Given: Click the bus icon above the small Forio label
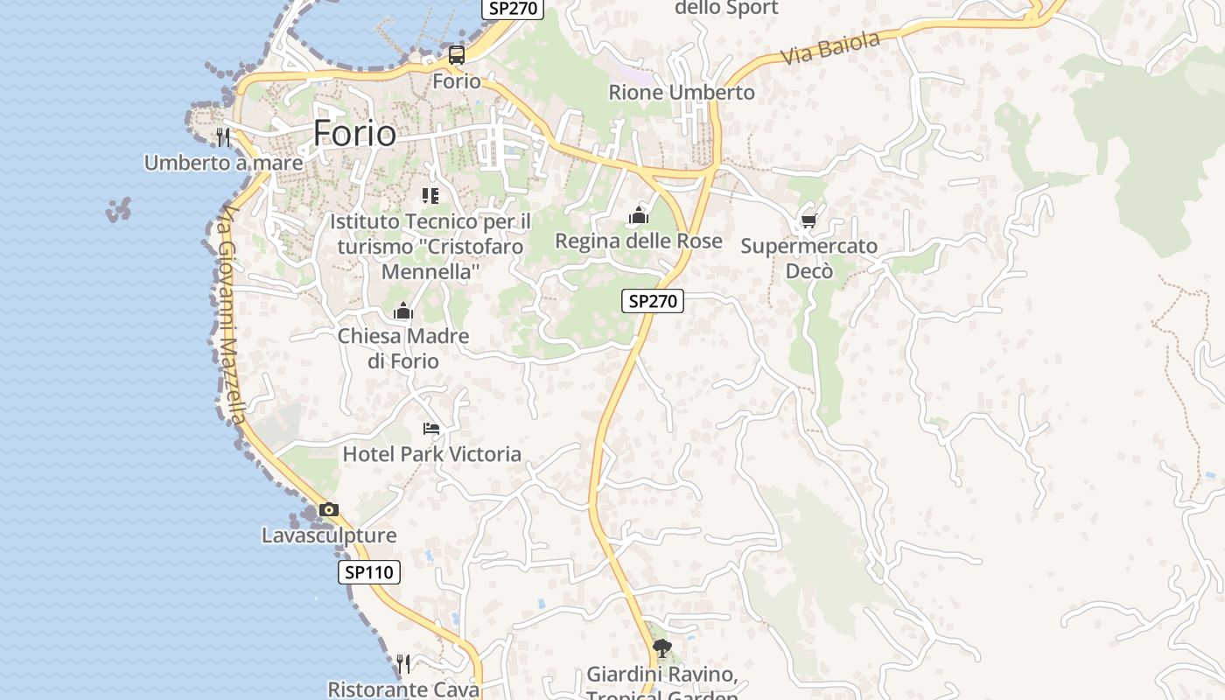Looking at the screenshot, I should tap(457, 55).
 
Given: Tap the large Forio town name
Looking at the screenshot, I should tap(354, 133).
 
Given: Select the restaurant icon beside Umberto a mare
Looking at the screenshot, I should tap(223, 136).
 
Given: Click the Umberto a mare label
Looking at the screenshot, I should tap(223, 163).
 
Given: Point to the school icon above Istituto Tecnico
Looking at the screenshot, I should tap(430, 195).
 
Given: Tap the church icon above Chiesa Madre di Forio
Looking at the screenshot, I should tap(402, 311).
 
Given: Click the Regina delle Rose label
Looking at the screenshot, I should tap(639, 241).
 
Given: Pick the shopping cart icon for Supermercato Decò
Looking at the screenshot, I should tap(808, 220).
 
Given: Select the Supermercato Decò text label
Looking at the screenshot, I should tap(808, 258).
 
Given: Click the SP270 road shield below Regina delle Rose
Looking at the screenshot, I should tap(653, 301).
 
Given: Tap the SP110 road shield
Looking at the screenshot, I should tap(369, 572).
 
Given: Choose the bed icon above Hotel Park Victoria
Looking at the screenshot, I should tap(431, 428).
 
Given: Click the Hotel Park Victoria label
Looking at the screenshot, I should tap(431, 454).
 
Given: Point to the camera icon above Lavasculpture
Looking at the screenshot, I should tap(328, 509).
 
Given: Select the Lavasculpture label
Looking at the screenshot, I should tap(328, 535).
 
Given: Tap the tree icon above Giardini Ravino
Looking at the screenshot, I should tap(662, 648).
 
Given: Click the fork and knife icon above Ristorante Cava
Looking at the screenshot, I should tap(402, 664).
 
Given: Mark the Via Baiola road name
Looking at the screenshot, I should tap(829, 47).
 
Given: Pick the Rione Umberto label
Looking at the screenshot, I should tap(681, 92).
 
